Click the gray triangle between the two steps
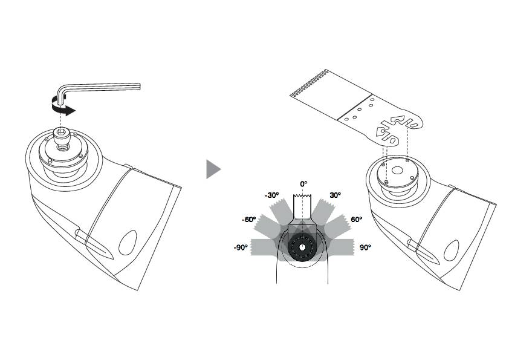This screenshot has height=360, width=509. pyautogui.click(x=213, y=169)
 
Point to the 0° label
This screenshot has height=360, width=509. pyautogui.click(x=304, y=183)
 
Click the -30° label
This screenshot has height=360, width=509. pyautogui.click(x=271, y=195)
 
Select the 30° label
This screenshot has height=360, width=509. pyautogui.click(x=334, y=195)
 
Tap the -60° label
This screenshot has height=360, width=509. pyautogui.click(x=248, y=220)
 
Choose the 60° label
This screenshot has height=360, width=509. pyautogui.click(x=357, y=220)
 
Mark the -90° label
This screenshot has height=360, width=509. pyautogui.click(x=242, y=247)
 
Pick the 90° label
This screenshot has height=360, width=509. pyautogui.click(x=365, y=247)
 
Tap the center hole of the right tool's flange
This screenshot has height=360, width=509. pyautogui.click(x=397, y=171)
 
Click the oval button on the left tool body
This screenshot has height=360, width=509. pyautogui.click(x=128, y=243)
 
